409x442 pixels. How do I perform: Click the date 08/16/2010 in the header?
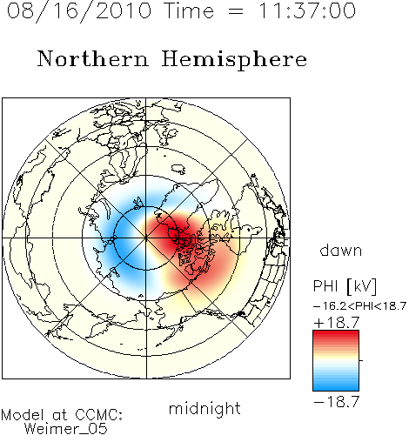[x=79, y=11]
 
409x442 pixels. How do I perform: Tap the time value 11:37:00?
[x=307, y=10]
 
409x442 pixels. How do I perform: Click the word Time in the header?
[x=189, y=10]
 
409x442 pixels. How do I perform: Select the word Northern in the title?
[x=93, y=58]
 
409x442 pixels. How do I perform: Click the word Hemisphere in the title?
[x=234, y=60]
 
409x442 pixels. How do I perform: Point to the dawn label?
[x=341, y=250]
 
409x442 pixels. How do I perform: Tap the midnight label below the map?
[x=204, y=408]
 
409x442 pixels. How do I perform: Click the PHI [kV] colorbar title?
[x=345, y=286]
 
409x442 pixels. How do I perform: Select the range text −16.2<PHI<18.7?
[x=359, y=306]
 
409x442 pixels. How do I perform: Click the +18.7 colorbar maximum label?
[x=337, y=322]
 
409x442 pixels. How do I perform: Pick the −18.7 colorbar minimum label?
[x=337, y=402]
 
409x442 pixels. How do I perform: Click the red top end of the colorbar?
[x=336, y=333]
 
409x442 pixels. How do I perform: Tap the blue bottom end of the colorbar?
[x=336, y=388]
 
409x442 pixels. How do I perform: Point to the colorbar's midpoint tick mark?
[x=361, y=360]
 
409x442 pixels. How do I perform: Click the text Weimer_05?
[x=66, y=429]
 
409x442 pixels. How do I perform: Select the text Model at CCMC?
[x=62, y=415]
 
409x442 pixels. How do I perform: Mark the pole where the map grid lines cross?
[x=146, y=238]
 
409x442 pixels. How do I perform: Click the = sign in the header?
[x=236, y=11]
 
